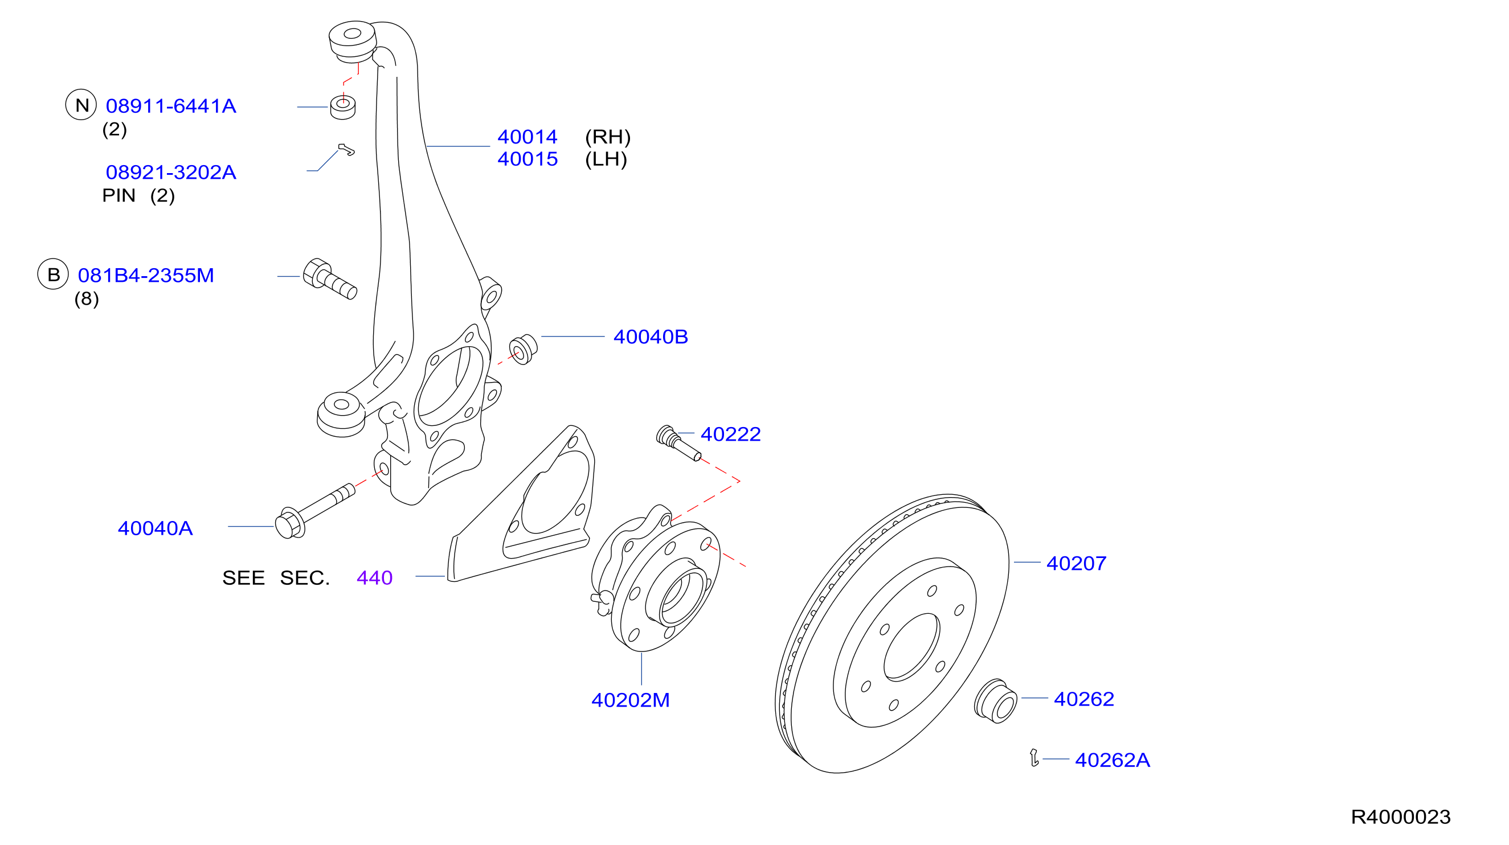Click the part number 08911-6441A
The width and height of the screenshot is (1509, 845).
(x=170, y=106)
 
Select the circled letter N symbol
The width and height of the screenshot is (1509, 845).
(x=81, y=105)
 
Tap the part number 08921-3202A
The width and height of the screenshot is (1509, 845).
(x=170, y=172)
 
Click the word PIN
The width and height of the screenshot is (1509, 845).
(x=118, y=195)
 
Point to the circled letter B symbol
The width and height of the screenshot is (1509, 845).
(x=54, y=274)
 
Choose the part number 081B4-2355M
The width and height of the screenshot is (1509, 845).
(x=146, y=275)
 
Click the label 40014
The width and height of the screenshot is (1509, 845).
(x=527, y=137)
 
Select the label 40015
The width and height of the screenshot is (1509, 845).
(x=527, y=159)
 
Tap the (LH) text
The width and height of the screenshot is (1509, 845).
(x=606, y=159)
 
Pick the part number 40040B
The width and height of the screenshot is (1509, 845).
(x=650, y=337)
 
